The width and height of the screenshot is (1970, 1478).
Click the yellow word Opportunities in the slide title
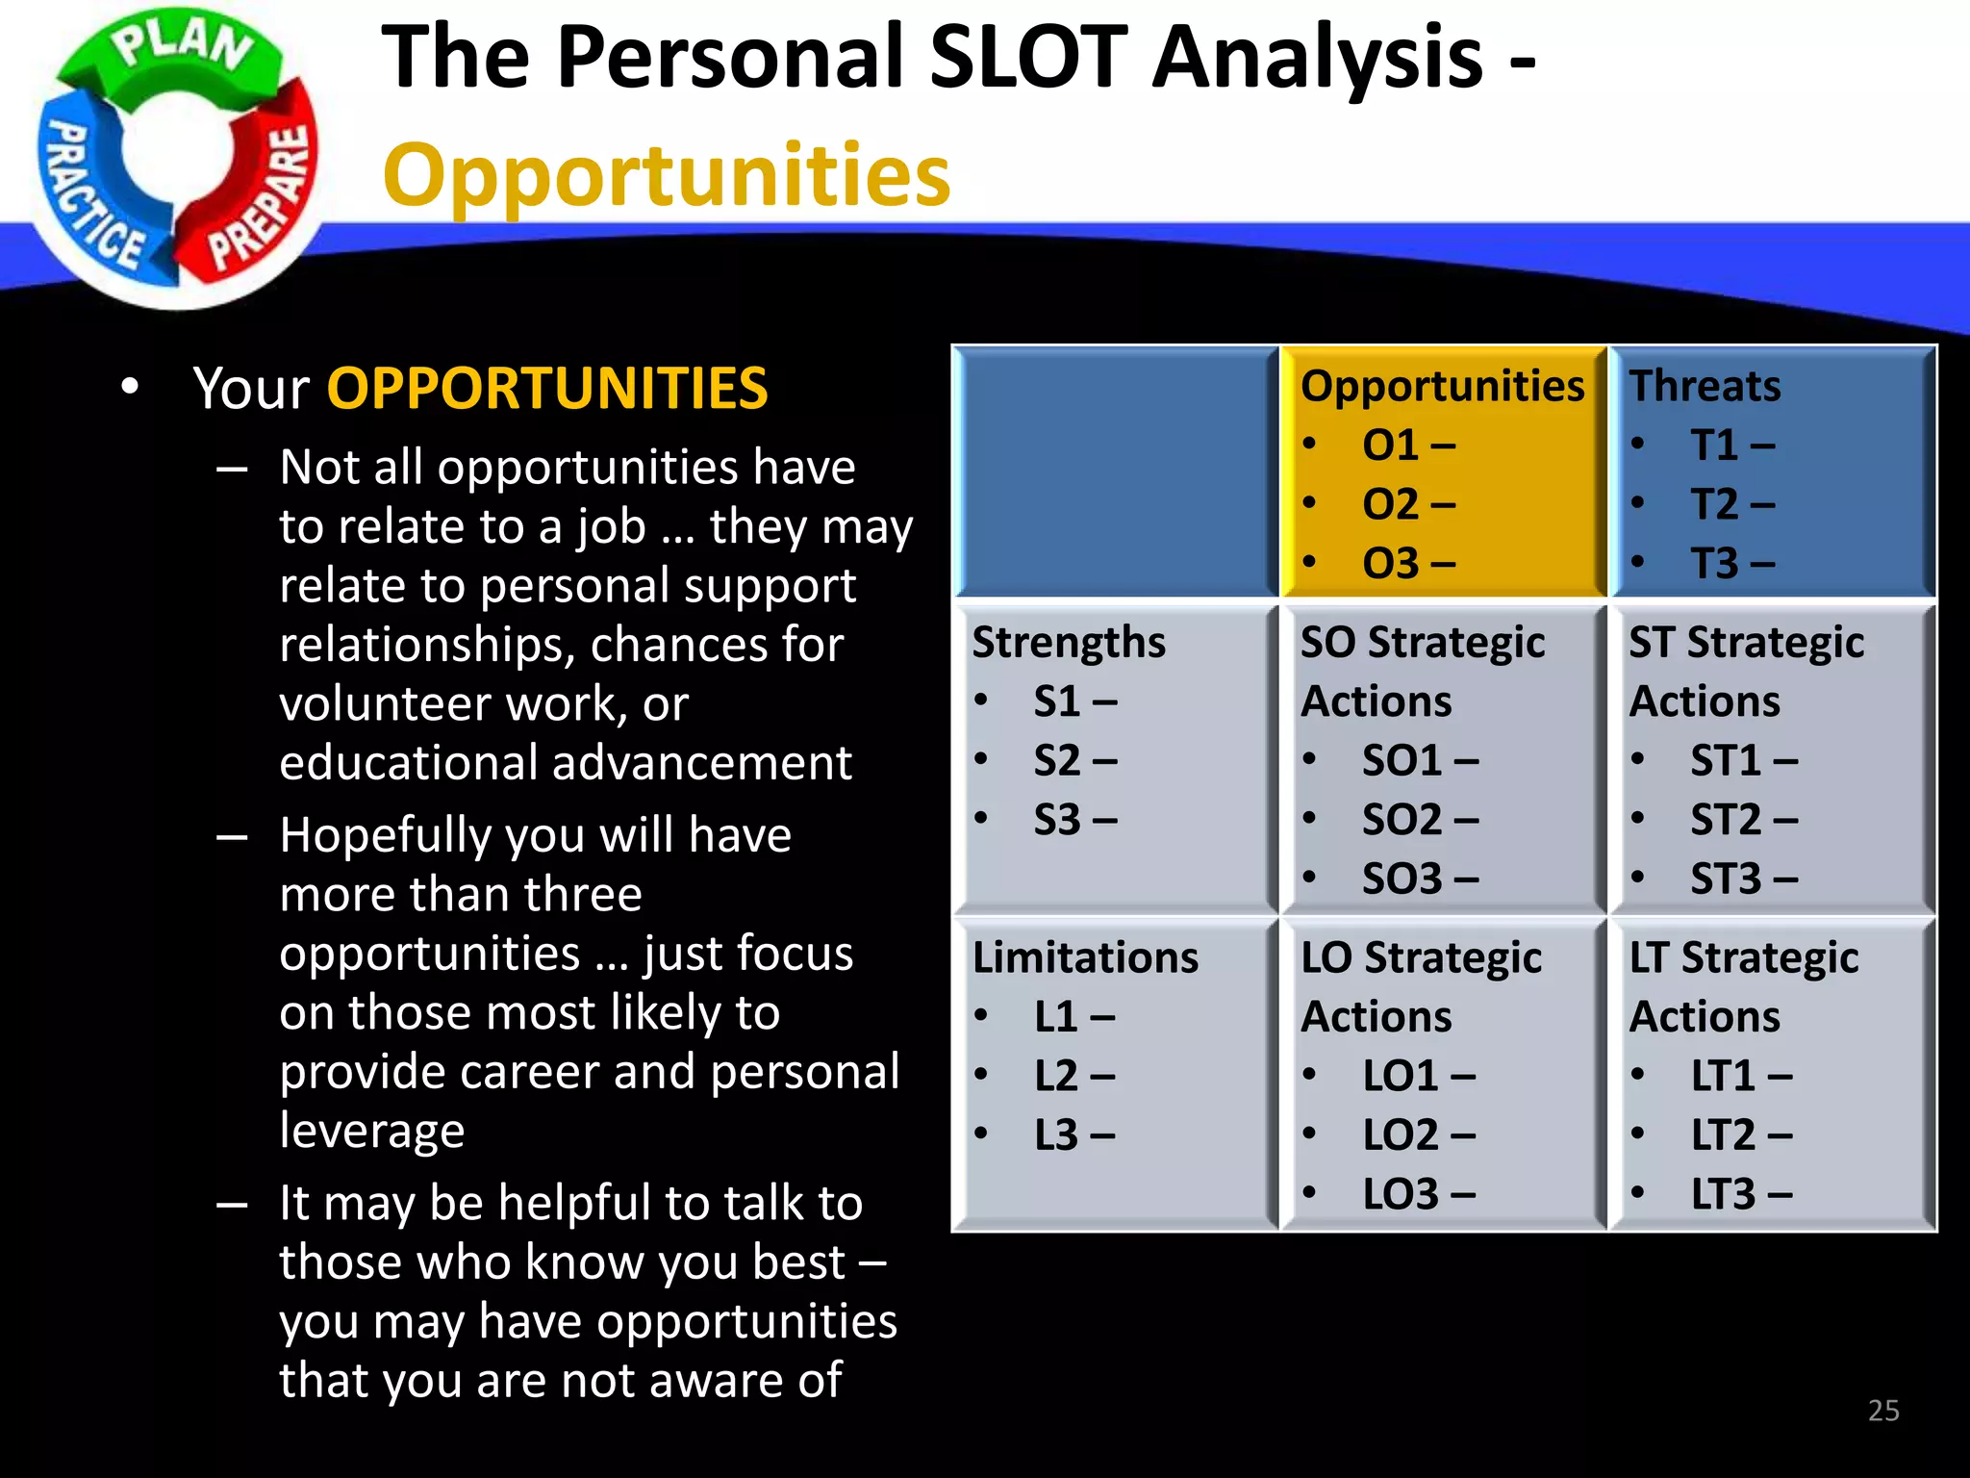coord(667,176)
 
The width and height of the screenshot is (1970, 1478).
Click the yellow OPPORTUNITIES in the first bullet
coord(547,389)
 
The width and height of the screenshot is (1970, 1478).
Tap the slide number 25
coord(1882,1411)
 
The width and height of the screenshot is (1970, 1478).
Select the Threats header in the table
coord(1704,386)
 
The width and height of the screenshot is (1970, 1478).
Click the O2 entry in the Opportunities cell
coord(1390,504)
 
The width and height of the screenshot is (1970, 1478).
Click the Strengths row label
coord(1068,642)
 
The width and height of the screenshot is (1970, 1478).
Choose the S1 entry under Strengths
coord(1057,701)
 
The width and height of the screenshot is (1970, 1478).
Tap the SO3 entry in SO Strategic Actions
coord(1402,879)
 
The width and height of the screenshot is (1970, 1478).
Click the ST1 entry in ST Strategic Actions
coord(1726,761)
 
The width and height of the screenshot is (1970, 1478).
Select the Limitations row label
coord(1085,957)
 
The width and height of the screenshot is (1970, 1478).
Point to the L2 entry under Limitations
coord(1056,1076)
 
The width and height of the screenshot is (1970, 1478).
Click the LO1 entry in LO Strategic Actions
coord(1401,1076)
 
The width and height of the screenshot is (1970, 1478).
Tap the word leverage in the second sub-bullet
coord(371,1131)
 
